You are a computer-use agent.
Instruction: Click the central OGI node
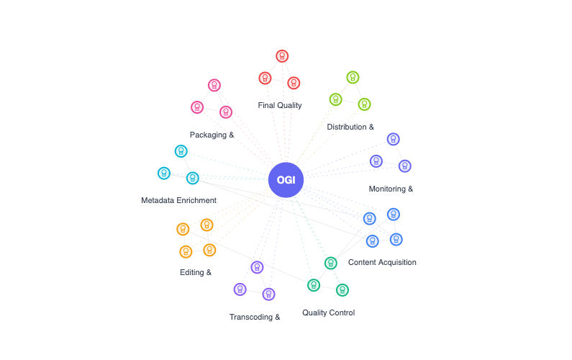click(x=286, y=179)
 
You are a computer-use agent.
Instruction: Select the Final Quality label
click(x=280, y=105)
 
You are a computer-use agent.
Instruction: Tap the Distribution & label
click(x=350, y=127)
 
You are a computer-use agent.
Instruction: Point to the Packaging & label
click(x=212, y=135)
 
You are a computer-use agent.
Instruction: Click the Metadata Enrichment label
click(x=178, y=200)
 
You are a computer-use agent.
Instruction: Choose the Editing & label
click(x=195, y=272)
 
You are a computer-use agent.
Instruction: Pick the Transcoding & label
click(x=254, y=317)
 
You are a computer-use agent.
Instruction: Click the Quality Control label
click(x=328, y=312)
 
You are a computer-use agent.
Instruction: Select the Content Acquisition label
click(x=382, y=262)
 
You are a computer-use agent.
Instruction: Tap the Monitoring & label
click(x=391, y=189)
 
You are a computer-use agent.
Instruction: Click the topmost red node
click(x=282, y=55)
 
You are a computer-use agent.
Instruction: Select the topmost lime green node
click(x=353, y=77)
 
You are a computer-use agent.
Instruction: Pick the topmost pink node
click(x=214, y=85)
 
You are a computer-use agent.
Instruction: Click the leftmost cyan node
click(x=164, y=173)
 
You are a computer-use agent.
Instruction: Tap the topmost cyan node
click(x=181, y=151)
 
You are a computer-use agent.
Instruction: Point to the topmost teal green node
click(x=330, y=263)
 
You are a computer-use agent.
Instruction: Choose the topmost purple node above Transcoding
click(x=257, y=267)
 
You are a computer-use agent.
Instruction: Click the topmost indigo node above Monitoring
click(x=393, y=139)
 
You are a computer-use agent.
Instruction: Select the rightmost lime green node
click(x=364, y=104)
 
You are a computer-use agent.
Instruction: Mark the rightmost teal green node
click(x=342, y=290)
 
